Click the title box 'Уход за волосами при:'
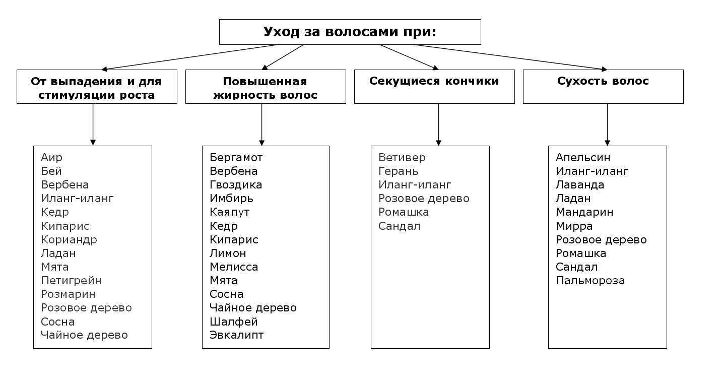(x=350, y=32)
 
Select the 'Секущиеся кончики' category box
(x=434, y=86)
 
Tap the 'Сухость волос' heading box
(x=603, y=86)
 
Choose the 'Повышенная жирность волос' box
(x=266, y=86)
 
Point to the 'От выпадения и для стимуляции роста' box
(x=97, y=86)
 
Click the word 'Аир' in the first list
(x=52, y=158)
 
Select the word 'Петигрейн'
(x=71, y=281)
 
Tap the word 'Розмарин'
(x=68, y=294)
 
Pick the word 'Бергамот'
(x=236, y=158)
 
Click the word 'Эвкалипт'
(x=237, y=335)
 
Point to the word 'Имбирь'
(x=231, y=199)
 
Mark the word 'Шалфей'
(x=234, y=322)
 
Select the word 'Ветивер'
(x=402, y=158)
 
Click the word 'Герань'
(x=399, y=171)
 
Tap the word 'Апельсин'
(x=583, y=158)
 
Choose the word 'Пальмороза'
(x=590, y=281)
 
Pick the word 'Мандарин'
(x=584, y=212)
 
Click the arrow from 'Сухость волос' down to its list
(x=607, y=124)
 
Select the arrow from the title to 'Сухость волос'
(x=509, y=57)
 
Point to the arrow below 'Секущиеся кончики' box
(x=438, y=124)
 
